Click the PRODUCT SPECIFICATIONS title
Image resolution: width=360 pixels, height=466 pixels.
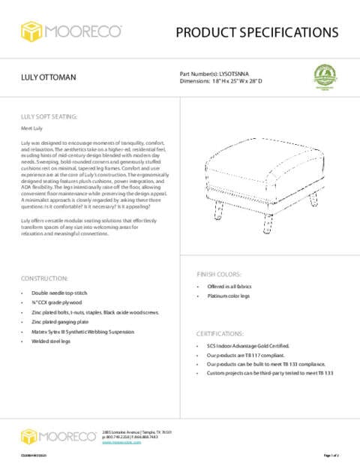pos(256,32)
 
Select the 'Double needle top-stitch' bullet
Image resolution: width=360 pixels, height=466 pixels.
pos(58,293)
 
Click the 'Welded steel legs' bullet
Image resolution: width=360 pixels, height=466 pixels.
pos(51,341)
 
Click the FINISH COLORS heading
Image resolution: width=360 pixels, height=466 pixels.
pos(219,274)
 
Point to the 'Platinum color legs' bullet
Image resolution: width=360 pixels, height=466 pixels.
pos(231,297)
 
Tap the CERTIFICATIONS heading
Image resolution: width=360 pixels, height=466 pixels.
pos(222,332)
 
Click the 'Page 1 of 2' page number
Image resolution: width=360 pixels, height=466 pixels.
pos(331,455)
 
